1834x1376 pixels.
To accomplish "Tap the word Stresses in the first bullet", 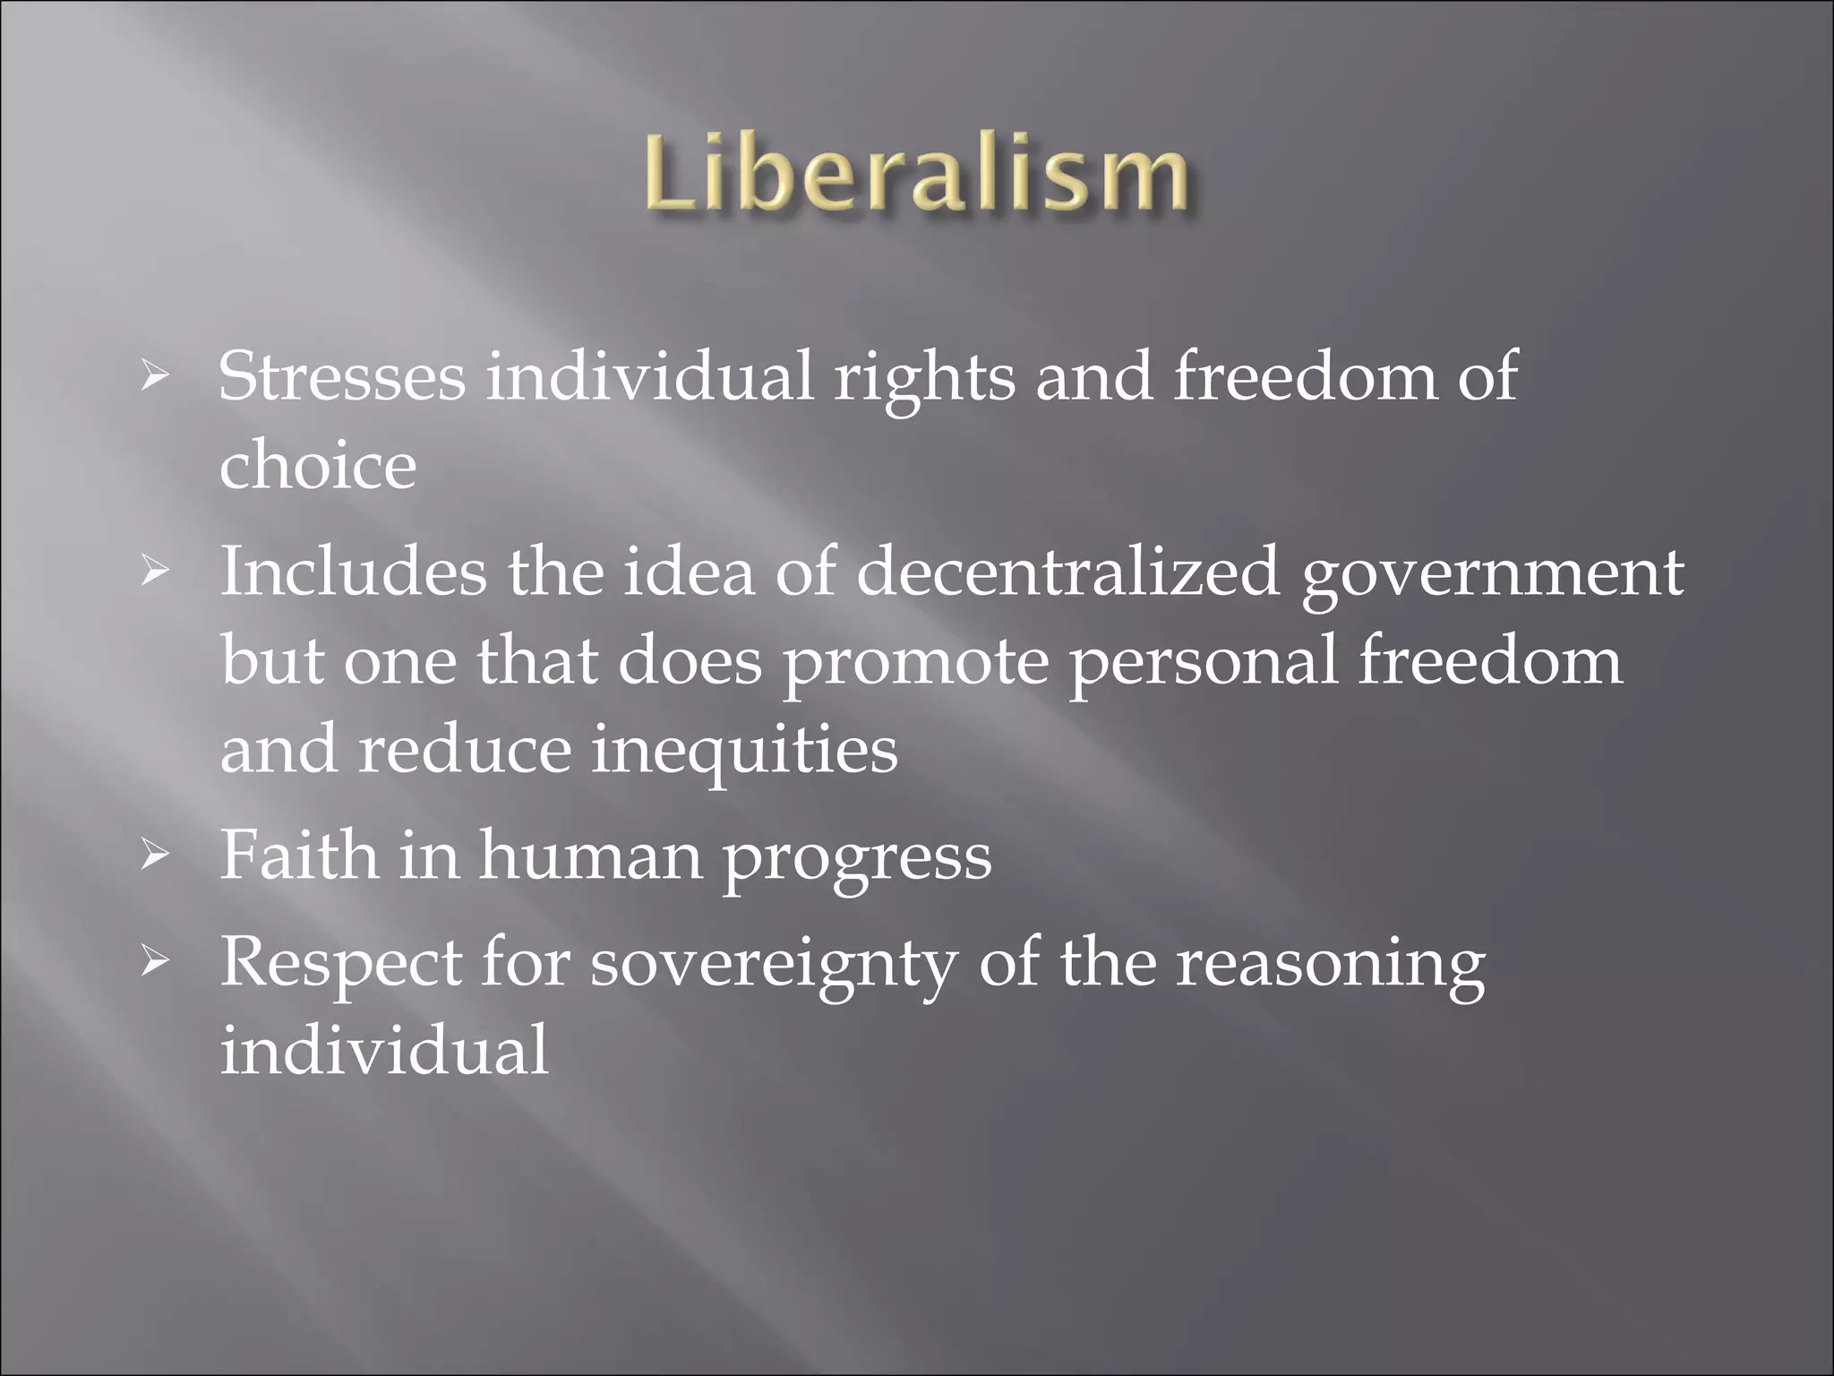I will coord(341,376).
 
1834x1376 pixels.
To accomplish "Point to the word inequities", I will coord(744,751).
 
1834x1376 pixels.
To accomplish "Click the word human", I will coord(590,856).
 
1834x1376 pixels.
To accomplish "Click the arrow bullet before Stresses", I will coord(154,380).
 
